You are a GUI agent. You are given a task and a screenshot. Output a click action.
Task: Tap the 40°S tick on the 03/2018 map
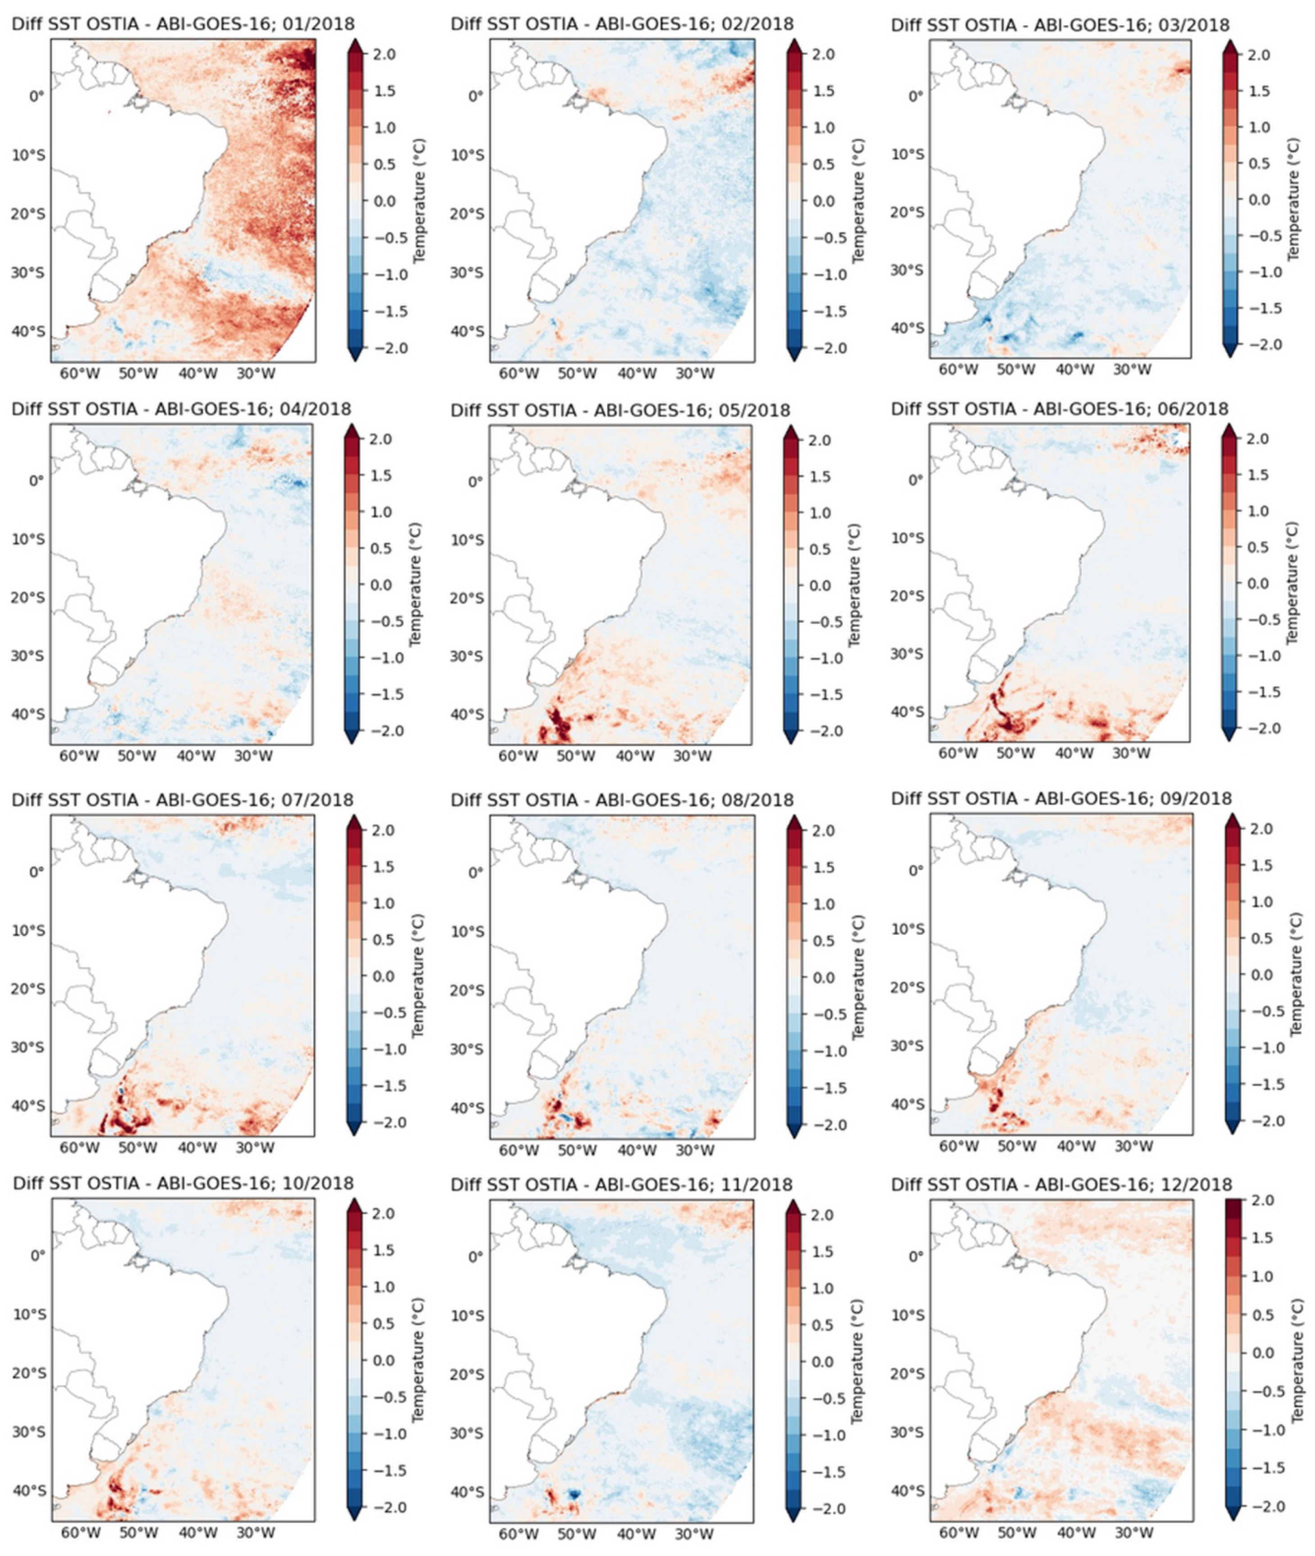(x=907, y=328)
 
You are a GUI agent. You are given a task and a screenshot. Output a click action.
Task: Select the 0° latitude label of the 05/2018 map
(x=475, y=482)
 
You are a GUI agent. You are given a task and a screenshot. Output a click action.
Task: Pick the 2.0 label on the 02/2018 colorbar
(x=824, y=54)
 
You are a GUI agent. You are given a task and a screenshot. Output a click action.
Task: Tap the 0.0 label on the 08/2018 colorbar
(x=824, y=977)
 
